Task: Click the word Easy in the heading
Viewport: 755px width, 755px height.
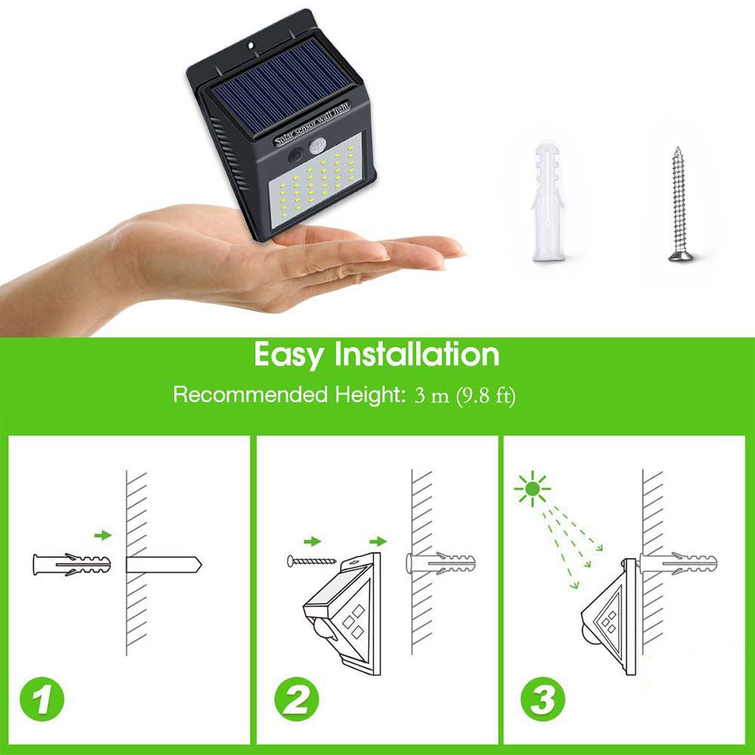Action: (289, 354)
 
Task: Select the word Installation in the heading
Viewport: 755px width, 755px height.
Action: (417, 354)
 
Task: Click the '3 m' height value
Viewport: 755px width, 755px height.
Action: (431, 396)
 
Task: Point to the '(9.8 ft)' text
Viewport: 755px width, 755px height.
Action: (485, 396)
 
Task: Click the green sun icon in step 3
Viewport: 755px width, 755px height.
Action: (533, 489)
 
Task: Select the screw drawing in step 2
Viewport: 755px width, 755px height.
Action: (310, 562)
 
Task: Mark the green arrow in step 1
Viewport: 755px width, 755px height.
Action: (102, 535)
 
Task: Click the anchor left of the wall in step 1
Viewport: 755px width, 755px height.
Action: (71, 565)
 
